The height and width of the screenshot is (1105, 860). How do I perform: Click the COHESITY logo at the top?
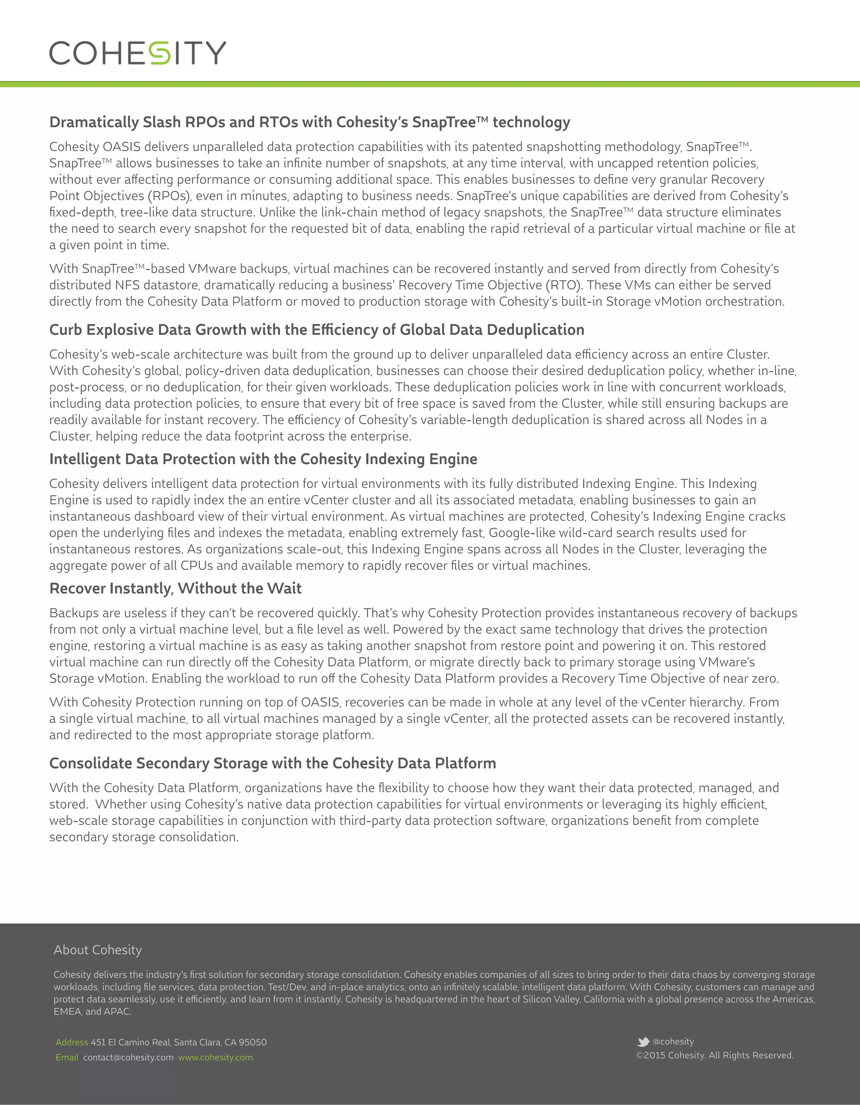(x=137, y=52)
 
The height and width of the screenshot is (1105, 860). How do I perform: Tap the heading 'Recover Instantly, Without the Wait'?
(x=175, y=588)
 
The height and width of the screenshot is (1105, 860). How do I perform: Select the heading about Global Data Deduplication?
(x=316, y=330)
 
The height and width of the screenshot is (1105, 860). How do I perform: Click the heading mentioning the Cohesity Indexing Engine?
(x=263, y=459)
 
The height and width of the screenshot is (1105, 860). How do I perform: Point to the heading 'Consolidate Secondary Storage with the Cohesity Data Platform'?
(x=273, y=763)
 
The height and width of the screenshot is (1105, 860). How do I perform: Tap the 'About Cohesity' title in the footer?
(x=98, y=950)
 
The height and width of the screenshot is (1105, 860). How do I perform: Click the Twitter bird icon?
(x=643, y=1042)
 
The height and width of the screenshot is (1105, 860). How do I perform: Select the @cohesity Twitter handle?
(x=673, y=1041)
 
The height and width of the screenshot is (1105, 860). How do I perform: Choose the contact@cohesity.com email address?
(x=128, y=1058)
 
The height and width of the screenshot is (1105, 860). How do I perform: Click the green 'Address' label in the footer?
(x=72, y=1042)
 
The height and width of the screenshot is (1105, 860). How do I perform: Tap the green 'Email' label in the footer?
(x=67, y=1058)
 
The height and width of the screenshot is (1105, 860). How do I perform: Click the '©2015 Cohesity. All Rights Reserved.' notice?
(x=714, y=1055)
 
